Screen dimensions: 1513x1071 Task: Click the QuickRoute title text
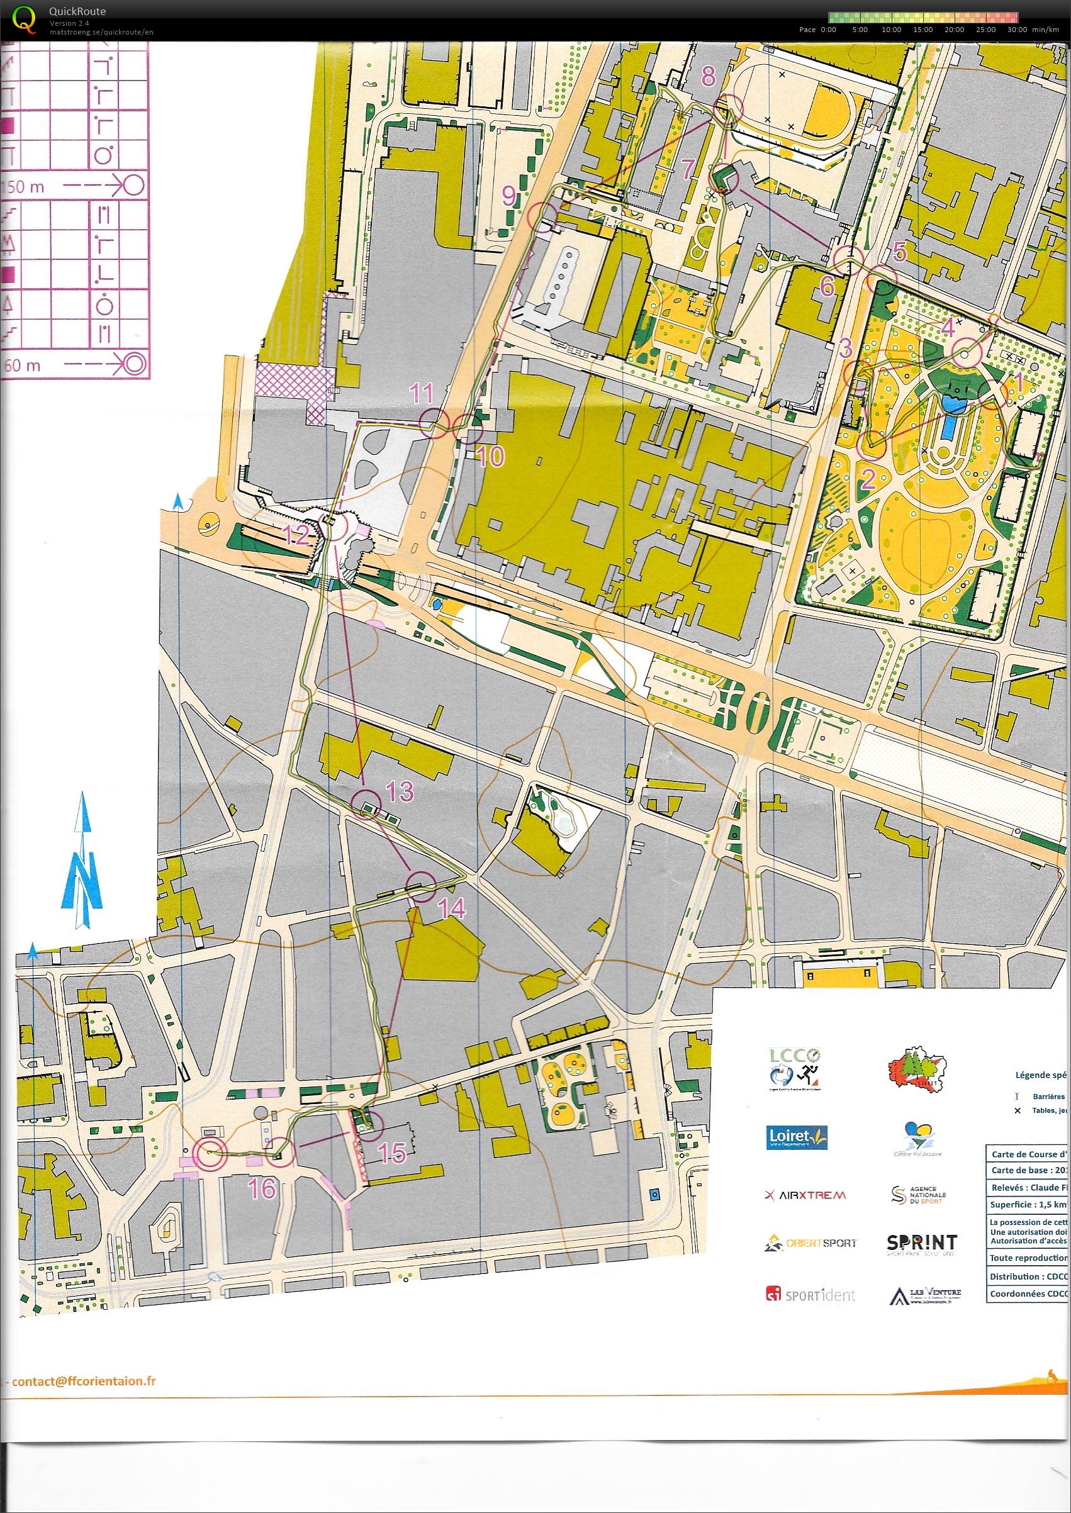[x=77, y=11]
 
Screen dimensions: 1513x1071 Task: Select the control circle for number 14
[x=421, y=886]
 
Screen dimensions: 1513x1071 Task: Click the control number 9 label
[x=508, y=195]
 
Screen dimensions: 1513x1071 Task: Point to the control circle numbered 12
[x=332, y=527]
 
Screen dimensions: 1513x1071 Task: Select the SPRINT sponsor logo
[x=921, y=1243]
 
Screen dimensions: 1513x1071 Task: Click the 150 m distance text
[x=24, y=187]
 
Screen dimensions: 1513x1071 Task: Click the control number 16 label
[x=261, y=1188]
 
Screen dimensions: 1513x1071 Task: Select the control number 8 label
[x=708, y=77]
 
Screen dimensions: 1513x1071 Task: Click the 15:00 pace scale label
[x=922, y=30]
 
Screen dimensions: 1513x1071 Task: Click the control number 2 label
[x=868, y=477]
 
